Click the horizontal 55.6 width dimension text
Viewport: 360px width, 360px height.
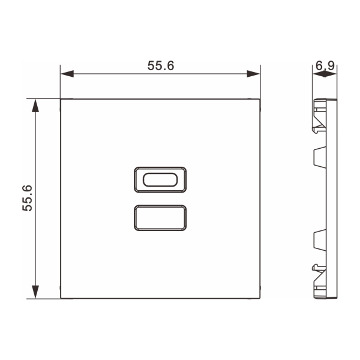click(161, 66)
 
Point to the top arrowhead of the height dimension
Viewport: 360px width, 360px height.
click(36, 106)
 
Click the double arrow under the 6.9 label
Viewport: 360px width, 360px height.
click(325, 74)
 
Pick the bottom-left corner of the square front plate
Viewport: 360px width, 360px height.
click(61, 298)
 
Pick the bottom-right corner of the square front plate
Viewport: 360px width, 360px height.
click(260, 298)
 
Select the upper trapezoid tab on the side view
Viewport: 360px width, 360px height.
click(320, 157)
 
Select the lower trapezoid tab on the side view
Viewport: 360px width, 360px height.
click(320, 240)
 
